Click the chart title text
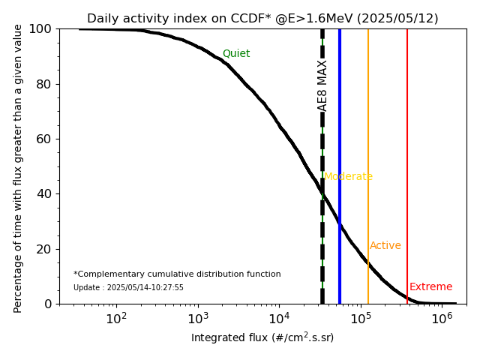(x=262, y=19)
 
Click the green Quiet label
(x=236, y=54)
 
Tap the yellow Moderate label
(x=348, y=177)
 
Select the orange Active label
(x=385, y=246)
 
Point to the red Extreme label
(x=430, y=287)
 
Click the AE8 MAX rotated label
(x=322, y=85)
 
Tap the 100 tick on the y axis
(x=42, y=28)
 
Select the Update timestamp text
(x=128, y=288)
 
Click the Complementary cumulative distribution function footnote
(x=177, y=274)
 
